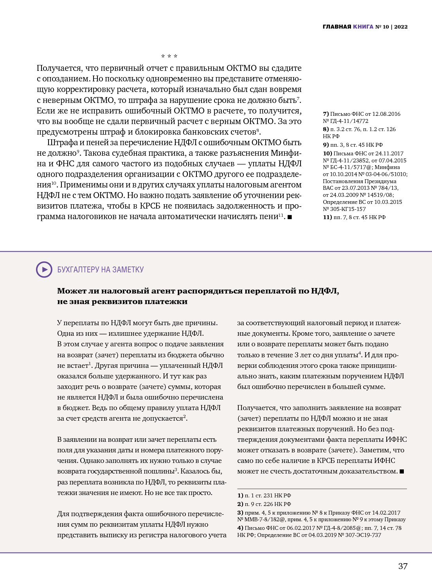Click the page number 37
(x=403, y=566)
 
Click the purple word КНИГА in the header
(x=363, y=27)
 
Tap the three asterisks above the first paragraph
(x=169, y=56)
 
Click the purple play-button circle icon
(x=44, y=270)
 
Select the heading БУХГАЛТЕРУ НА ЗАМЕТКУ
(x=100, y=270)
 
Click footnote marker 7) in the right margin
(x=326, y=114)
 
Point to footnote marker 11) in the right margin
(x=327, y=217)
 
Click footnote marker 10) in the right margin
(x=327, y=153)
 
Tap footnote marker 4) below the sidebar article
(x=240, y=528)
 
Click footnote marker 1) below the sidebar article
(x=240, y=495)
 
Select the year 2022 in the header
(x=401, y=27)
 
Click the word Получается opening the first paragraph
(x=60, y=68)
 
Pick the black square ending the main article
(x=290, y=217)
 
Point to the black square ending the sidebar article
(x=401, y=472)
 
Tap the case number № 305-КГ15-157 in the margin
(x=344, y=209)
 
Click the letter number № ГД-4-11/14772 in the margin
(x=346, y=121)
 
